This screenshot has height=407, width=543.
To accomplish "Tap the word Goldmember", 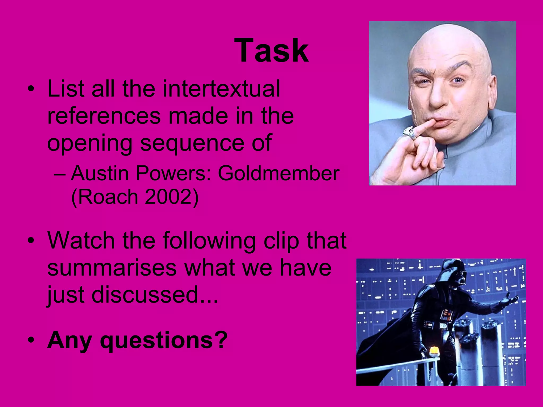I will (x=278, y=174).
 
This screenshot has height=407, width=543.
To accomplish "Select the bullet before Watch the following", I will (x=31, y=241).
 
